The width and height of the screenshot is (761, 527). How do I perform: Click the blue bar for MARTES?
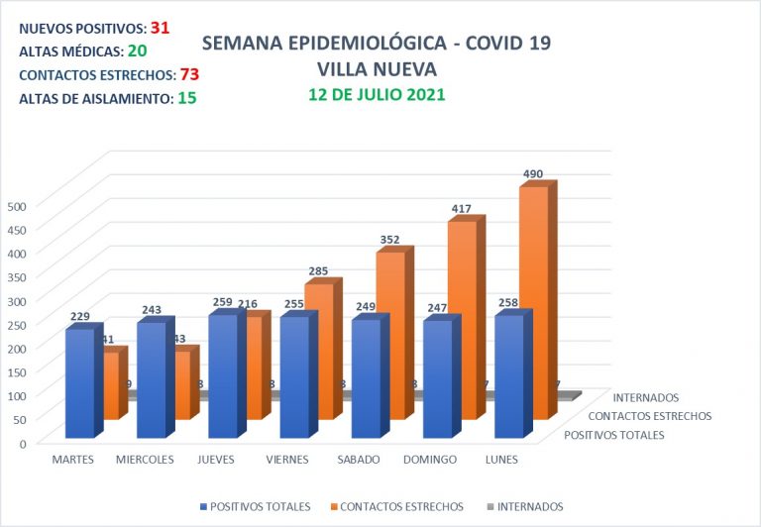[79, 382]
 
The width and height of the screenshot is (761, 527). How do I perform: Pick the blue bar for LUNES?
[508, 376]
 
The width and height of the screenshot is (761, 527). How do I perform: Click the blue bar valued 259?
[222, 375]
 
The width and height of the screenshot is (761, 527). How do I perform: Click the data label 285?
[318, 269]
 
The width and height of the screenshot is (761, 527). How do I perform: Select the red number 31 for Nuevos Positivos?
[162, 28]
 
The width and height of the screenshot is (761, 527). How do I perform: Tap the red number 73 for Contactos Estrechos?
[190, 74]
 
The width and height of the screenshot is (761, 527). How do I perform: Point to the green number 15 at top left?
[186, 98]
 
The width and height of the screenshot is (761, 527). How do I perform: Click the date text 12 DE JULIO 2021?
[376, 95]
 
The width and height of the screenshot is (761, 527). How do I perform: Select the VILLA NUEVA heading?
[377, 69]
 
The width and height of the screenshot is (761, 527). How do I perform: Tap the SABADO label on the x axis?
[358, 460]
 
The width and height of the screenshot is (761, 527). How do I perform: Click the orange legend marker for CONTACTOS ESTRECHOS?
[335, 506]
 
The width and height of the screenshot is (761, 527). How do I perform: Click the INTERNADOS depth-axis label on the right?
[645, 398]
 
